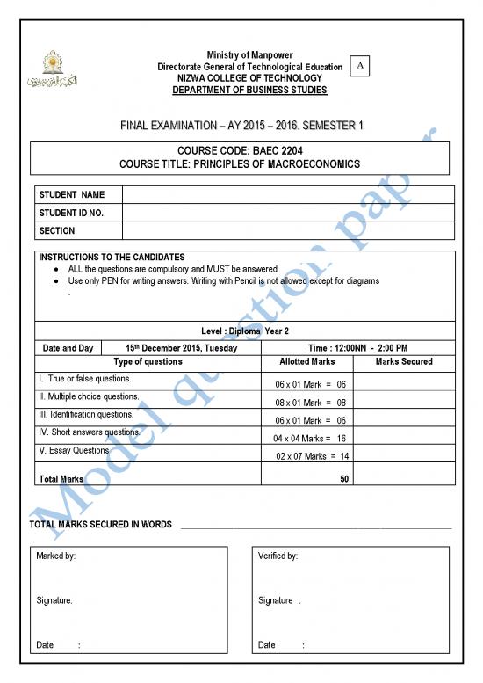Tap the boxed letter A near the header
pyautogui.click(x=359, y=66)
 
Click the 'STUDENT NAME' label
pyautogui.click(x=71, y=193)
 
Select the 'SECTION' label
pyautogui.click(x=57, y=230)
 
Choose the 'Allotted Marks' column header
pyautogui.click(x=306, y=361)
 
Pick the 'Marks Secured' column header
pyautogui.click(x=403, y=361)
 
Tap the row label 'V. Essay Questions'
pyautogui.click(x=74, y=450)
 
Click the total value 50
pyautogui.click(x=344, y=479)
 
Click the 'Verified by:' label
pyautogui.click(x=278, y=556)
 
